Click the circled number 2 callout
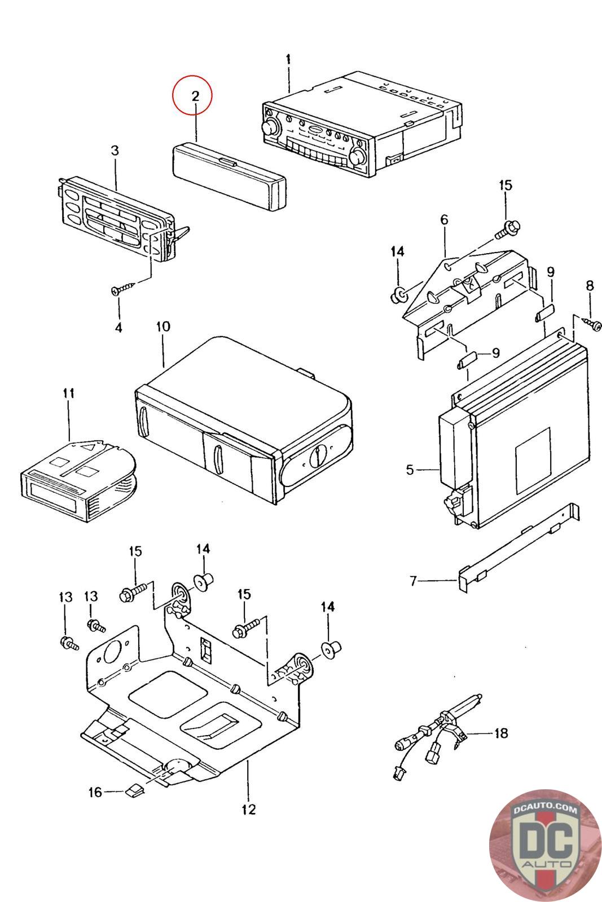tap(192, 95)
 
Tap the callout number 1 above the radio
tap(288, 59)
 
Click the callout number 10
tap(163, 326)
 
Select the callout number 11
tap(68, 392)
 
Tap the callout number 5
tap(410, 470)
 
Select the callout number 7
tap(413, 581)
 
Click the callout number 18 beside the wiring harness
tap(501, 733)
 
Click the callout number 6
tap(444, 219)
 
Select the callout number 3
tap(115, 151)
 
